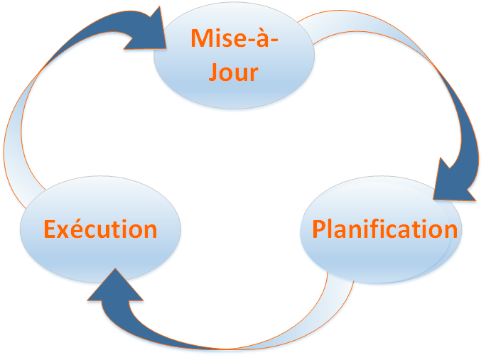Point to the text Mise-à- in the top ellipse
point(234,38)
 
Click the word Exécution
point(100,229)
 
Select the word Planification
point(385,229)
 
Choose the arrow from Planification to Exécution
point(234,334)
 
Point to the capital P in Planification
point(319,229)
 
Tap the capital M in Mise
point(201,38)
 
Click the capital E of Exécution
point(48,229)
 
